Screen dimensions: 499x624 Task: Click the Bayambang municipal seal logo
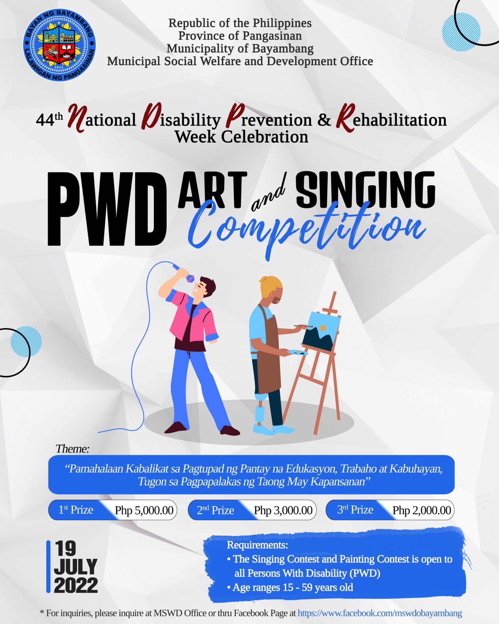(x=59, y=45)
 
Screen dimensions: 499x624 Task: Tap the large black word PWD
(x=107, y=209)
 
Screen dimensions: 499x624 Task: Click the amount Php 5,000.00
(x=144, y=510)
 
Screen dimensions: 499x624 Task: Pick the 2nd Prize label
(x=215, y=510)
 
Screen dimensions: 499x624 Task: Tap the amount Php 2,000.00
(x=422, y=510)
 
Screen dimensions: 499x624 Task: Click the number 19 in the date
(x=66, y=549)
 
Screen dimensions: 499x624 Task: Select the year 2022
(x=76, y=585)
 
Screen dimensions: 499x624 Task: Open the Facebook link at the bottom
(x=380, y=613)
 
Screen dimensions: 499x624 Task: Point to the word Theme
(x=72, y=449)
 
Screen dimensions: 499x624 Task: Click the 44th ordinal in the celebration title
(x=49, y=119)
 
